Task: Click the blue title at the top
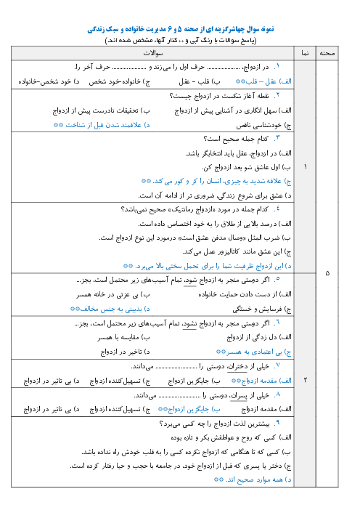point(181,29)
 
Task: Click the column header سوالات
point(153,53)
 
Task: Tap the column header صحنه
point(327,53)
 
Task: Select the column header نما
point(305,53)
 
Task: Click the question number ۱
point(277,67)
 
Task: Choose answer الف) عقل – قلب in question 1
point(263,81)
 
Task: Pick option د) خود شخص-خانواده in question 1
point(49,81)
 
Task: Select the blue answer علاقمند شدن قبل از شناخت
point(102,125)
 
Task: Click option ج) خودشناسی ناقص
point(263,125)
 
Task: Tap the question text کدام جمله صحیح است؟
point(236,139)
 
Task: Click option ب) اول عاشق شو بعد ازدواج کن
point(247,167)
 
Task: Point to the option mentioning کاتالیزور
point(237,252)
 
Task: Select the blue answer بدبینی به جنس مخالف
point(110,309)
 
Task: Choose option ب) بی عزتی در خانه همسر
point(113,294)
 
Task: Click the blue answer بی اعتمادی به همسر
point(254,352)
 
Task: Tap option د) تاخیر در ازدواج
point(126,352)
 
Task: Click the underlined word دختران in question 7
point(237,367)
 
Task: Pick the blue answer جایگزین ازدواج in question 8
point(189,409)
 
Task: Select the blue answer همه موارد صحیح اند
point(253,479)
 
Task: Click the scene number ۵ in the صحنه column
point(327,273)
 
